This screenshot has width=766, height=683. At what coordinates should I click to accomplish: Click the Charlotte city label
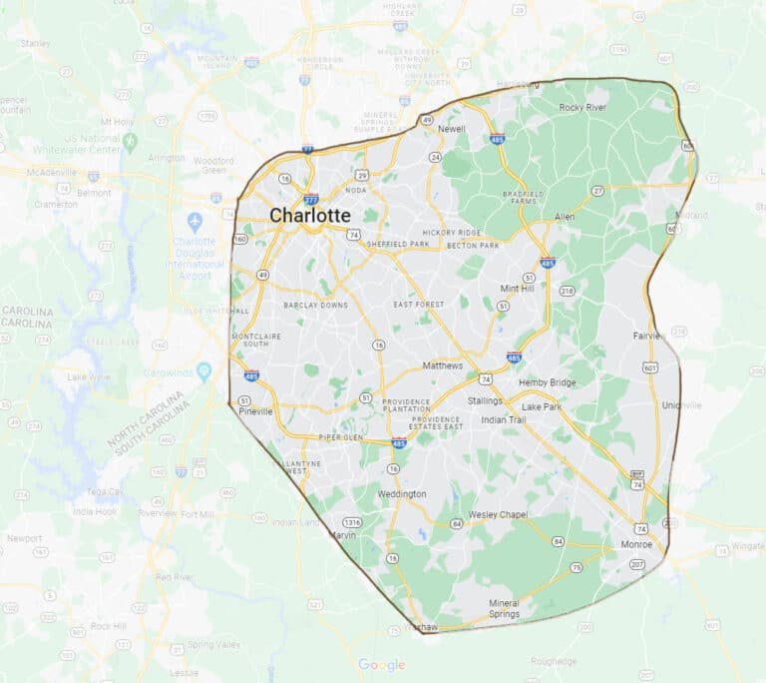click(310, 216)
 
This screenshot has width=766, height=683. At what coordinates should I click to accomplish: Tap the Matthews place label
click(442, 365)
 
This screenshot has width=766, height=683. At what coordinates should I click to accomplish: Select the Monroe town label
click(636, 544)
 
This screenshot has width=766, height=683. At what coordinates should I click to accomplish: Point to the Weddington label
click(402, 494)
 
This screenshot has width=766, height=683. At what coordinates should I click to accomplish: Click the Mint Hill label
click(517, 288)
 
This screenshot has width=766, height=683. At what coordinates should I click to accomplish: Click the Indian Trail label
click(503, 419)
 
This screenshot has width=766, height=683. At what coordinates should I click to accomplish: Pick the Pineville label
click(254, 411)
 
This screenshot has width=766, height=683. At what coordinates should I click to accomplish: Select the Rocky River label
click(582, 107)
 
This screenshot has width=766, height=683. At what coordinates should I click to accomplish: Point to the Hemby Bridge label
click(547, 382)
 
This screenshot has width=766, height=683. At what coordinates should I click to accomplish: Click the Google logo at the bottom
click(382, 665)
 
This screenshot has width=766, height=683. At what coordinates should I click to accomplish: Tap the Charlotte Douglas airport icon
click(194, 221)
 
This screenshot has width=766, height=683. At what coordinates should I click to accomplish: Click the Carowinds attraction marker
click(204, 371)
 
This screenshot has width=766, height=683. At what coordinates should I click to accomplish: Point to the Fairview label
click(648, 336)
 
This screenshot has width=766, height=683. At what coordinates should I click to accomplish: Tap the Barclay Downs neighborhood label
click(315, 305)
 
